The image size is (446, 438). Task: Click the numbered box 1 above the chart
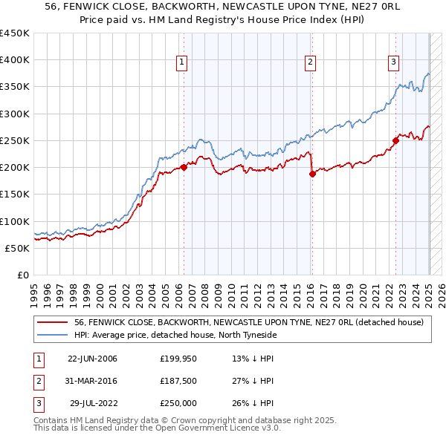[183, 62]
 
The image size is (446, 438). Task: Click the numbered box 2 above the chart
[310, 62]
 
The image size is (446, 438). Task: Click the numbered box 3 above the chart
[393, 62]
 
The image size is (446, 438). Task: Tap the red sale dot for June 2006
[184, 167]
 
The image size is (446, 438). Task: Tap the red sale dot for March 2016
[311, 174]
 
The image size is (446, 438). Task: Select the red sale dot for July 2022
[395, 140]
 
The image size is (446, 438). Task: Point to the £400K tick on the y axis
[15, 60]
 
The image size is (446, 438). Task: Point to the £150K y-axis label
[15, 195]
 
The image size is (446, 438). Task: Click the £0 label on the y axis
[22, 275]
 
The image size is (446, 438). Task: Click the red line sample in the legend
[52, 322]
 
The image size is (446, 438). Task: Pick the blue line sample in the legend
[52, 335]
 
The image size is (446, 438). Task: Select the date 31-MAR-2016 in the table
[92, 381]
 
